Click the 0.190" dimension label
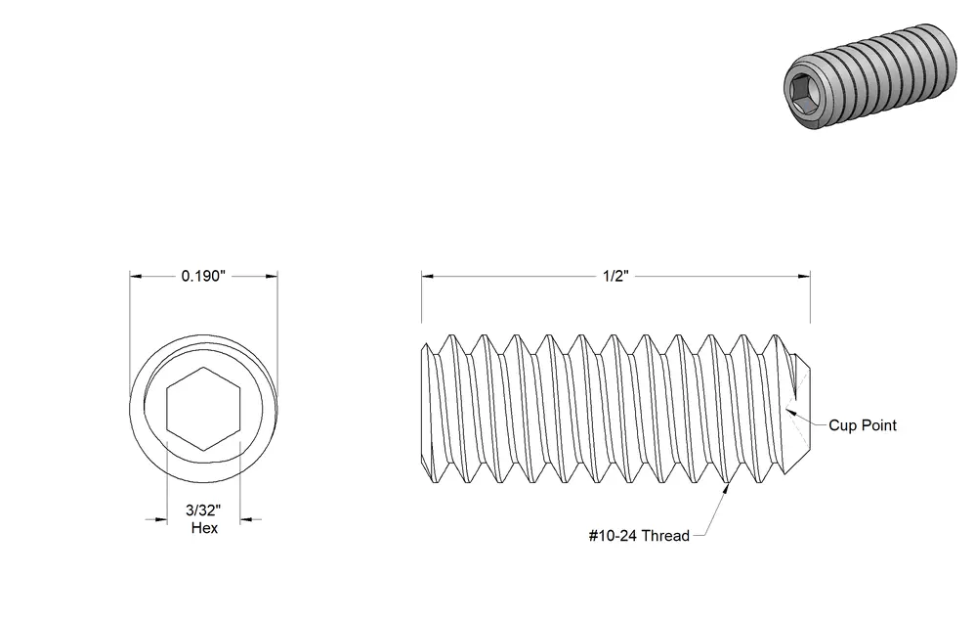click(202, 276)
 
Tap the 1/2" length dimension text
click(615, 276)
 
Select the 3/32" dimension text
click(203, 510)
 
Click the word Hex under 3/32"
click(204, 528)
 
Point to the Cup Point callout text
click(863, 425)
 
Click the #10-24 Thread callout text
click(639, 535)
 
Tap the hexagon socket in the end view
click(203, 409)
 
